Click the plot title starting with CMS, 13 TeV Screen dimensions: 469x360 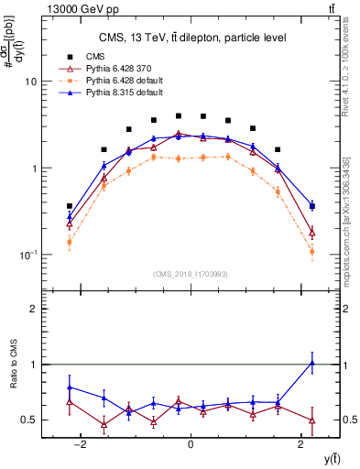[x=191, y=37]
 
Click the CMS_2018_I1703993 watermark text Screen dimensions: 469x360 [x=191, y=274]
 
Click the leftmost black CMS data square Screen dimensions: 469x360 [x=70, y=206]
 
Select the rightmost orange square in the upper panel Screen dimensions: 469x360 [x=312, y=252]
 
